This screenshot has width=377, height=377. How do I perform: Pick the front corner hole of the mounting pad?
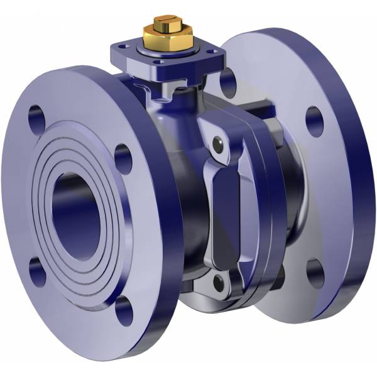click(x=159, y=62)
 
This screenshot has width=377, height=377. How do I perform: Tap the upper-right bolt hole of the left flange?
click(x=124, y=158)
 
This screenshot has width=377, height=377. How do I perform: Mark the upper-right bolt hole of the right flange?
click(x=314, y=121)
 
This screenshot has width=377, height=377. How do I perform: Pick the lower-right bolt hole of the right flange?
click(x=315, y=272)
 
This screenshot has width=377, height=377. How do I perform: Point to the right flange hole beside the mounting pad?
click(x=228, y=82)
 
